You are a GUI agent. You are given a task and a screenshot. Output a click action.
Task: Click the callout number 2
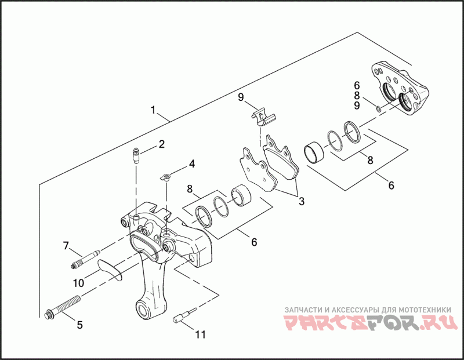(162, 144)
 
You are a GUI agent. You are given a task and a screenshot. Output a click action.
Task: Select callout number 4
(191, 165)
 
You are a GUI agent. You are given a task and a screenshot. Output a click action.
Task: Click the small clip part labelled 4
(166, 177)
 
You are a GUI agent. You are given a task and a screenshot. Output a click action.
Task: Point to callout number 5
(79, 325)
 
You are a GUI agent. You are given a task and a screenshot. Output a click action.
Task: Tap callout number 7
(66, 246)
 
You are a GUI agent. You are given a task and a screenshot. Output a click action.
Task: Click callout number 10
(78, 283)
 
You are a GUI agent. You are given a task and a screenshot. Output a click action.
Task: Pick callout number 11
(200, 334)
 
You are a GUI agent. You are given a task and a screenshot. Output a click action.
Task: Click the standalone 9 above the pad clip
(241, 97)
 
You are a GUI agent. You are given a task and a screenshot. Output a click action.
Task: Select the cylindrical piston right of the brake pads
(316, 152)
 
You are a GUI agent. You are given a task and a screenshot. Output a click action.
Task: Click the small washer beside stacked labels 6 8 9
(378, 107)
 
